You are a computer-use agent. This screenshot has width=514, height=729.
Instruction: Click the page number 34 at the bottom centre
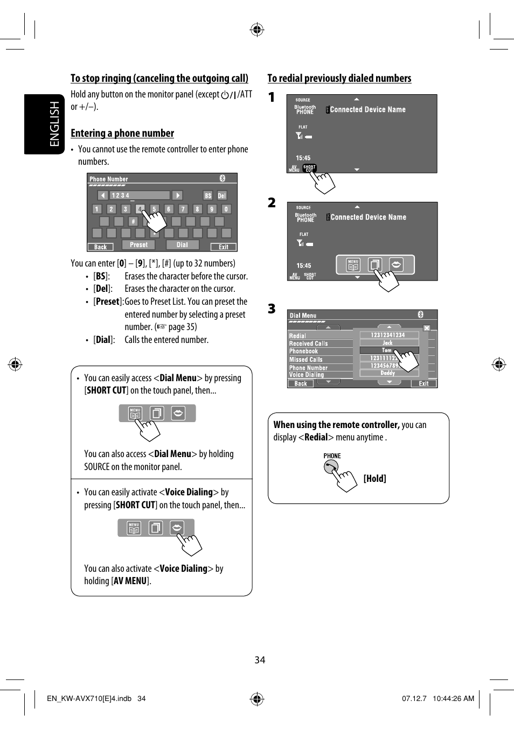[260, 660]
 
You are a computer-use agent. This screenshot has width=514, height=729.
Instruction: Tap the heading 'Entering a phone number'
[122, 134]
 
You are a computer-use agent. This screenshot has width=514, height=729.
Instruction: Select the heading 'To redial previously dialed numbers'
[339, 79]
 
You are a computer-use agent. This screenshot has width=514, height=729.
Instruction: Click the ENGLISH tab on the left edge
[54, 124]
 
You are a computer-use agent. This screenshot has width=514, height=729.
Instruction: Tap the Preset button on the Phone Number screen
[138, 245]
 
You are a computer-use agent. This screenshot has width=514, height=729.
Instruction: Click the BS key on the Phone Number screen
[208, 195]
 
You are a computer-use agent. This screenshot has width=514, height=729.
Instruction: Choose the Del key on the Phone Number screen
[221, 195]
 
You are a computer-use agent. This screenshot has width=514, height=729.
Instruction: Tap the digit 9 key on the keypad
[212, 209]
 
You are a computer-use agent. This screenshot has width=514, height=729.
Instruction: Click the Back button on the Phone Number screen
[101, 247]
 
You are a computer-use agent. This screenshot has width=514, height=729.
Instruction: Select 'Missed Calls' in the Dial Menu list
[306, 360]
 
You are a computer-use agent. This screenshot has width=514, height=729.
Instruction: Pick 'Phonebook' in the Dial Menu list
[304, 352]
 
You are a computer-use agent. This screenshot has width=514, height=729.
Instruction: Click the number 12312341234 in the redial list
[387, 335]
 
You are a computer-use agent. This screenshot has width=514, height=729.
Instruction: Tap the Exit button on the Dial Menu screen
[423, 384]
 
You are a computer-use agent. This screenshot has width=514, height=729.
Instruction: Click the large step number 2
[272, 203]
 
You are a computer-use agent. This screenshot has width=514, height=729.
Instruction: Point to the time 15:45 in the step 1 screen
[303, 158]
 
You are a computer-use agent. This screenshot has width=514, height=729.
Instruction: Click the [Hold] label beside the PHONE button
[374, 479]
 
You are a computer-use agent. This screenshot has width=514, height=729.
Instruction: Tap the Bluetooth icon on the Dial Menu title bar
[420, 314]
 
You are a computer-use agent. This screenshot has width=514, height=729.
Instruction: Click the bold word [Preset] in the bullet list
[108, 302]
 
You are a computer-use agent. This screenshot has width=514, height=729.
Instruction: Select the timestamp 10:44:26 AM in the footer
[453, 698]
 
